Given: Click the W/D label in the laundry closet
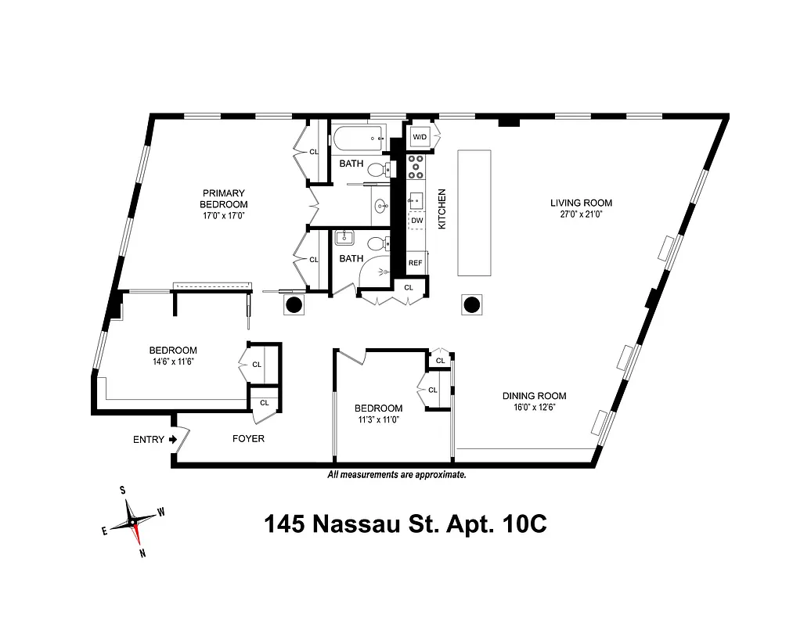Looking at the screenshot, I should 420,138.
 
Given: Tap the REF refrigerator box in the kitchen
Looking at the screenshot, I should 415,263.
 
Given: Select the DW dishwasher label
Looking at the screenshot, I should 416,221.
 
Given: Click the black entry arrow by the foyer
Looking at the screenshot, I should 172,440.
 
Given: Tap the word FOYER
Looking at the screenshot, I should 248,439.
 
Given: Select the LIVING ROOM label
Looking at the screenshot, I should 581,203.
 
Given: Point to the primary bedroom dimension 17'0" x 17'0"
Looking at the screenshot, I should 224,217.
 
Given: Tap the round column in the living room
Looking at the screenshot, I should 473,305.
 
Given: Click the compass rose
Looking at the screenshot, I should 133,521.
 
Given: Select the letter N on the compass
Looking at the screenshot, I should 142,553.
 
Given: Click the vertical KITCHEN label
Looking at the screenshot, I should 442,208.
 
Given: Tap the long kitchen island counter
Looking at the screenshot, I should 473,211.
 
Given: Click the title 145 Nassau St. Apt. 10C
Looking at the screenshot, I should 405,523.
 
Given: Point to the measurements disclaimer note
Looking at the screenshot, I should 397,474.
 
